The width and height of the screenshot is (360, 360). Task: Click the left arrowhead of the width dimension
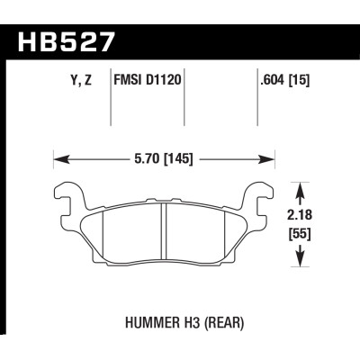coord(58,161)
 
